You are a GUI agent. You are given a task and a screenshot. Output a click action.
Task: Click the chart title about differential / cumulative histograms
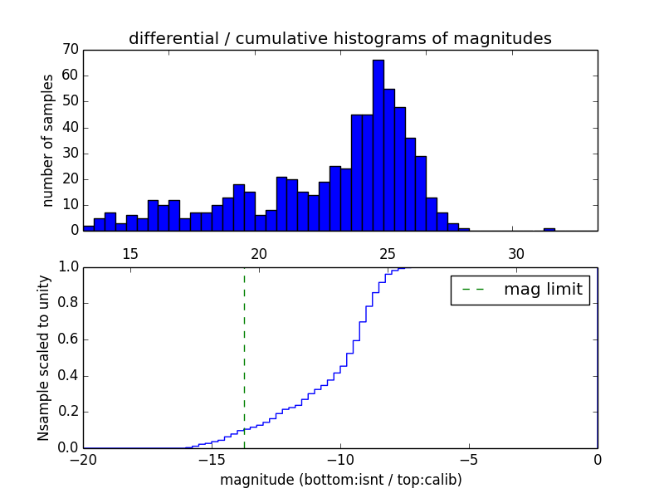click(339, 38)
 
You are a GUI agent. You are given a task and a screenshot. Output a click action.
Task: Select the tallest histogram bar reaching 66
click(378, 145)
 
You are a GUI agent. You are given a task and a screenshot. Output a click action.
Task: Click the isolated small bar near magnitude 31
click(549, 229)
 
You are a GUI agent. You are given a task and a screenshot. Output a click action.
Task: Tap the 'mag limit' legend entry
click(520, 290)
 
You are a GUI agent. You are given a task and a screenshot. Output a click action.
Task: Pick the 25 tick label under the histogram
click(388, 253)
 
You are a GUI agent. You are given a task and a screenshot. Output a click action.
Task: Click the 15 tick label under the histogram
click(130, 253)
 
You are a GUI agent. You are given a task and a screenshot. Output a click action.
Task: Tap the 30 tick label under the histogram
click(516, 253)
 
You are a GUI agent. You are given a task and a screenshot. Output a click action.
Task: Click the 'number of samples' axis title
click(48, 140)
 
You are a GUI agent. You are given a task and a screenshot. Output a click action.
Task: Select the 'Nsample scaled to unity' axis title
click(44, 358)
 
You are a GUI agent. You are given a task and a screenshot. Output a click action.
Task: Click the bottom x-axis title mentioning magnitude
click(340, 480)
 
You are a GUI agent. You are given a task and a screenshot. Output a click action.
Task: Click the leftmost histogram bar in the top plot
click(88, 228)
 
